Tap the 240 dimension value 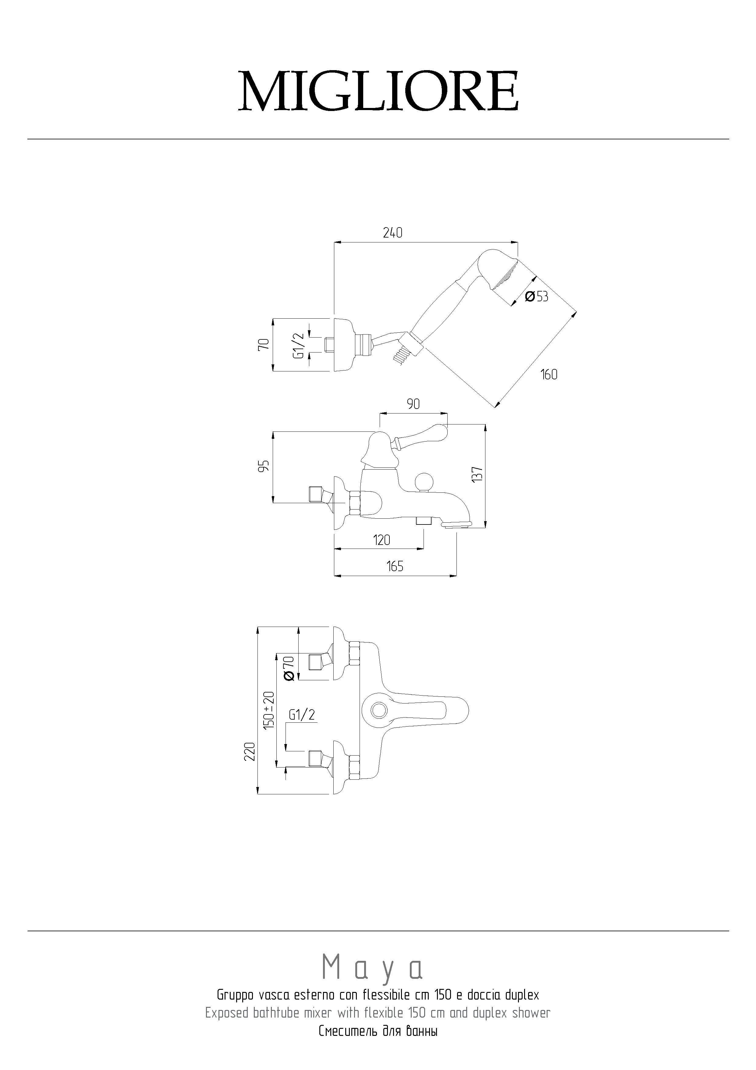point(393,233)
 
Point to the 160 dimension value point(549,374)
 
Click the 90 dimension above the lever point(413,404)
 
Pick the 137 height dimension point(477,474)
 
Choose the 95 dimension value point(264,466)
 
